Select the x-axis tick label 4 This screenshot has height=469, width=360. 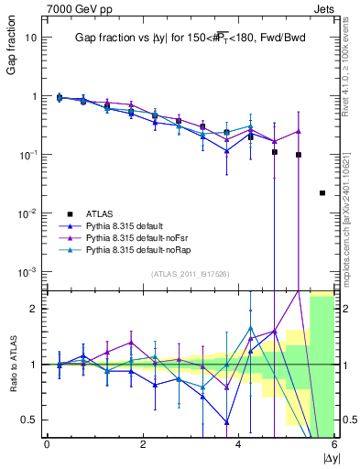point(239,444)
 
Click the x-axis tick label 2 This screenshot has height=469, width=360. point(143,444)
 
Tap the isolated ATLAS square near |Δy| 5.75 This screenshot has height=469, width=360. point(322,193)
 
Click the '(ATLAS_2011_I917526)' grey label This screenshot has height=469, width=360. point(189,274)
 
